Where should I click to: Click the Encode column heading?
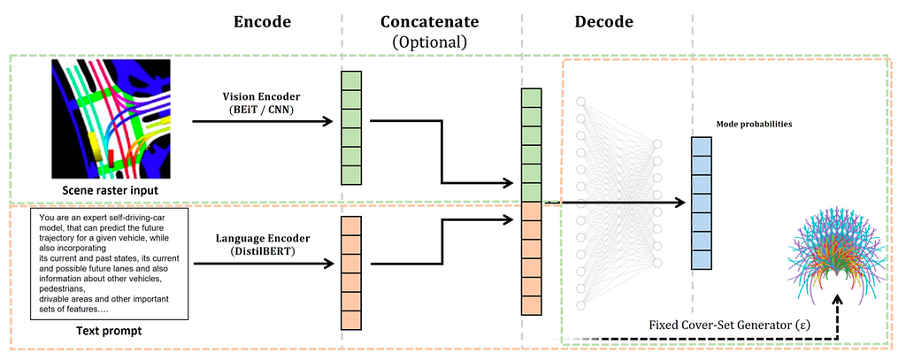pyautogui.click(x=262, y=22)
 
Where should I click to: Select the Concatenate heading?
pyautogui.click(x=430, y=22)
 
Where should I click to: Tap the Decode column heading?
pyautogui.click(x=603, y=22)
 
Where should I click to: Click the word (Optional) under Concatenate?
pyautogui.click(x=429, y=42)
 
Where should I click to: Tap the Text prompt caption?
pyautogui.click(x=109, y=331)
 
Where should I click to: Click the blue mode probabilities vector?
pyautogui.click(x=702, y=203)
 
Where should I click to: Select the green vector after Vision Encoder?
pyautogui.click(x=351, y=127)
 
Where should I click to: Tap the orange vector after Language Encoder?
pyautogui.click(x=351, y=272)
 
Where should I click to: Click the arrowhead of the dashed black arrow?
pyautogui.click(x=836, y=297)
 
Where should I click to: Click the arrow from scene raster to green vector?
pyautogui.click(x=263, y=121)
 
